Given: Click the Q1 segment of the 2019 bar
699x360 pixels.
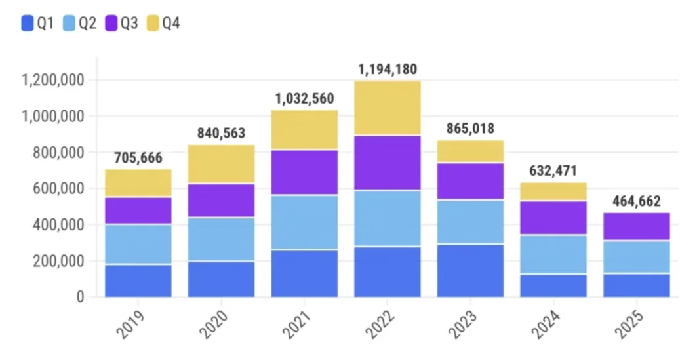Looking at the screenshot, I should [x=138, y=280].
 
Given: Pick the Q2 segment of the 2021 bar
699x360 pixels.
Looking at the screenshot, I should [x=304, y=222].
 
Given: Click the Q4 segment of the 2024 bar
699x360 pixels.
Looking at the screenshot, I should [x=553, y=191].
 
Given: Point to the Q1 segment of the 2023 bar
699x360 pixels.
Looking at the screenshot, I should [x=471, y=270].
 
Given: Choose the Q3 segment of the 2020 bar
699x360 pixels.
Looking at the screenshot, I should [x=221, y=200].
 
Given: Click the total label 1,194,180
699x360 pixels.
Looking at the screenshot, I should [x=388, y=70].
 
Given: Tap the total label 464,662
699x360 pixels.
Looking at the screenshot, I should [x=637, y=201].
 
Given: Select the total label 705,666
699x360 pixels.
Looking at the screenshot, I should [x=138, y=158].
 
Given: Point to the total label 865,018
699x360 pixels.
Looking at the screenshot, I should [x=471, y=129].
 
